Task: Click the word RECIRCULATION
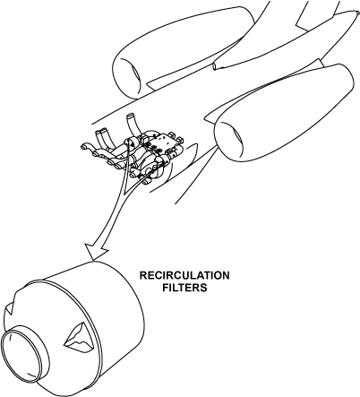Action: pyautogui.click(x=184, y=275)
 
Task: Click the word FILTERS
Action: pyautogui.click(x=184, y=288)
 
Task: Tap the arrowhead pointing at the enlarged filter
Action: pyautogui.click(x=95, y=251)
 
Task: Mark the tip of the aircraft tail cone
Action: pyautogui.click(x=358, y=13)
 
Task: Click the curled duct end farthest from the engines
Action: pyautogui.click(x=85, y=146)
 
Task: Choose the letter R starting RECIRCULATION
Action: pyautogui.click(x=143, y=275)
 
